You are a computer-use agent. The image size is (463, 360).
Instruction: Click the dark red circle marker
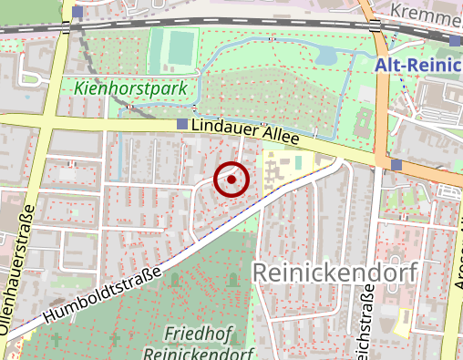coord(231,180)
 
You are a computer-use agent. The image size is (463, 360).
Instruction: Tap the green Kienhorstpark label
coord(131,89)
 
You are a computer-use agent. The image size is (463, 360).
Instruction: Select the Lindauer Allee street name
coord(245,133)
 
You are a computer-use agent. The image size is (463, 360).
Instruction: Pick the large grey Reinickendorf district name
coord(333,273)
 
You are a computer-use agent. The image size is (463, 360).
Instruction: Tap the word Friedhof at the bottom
coord(197,332)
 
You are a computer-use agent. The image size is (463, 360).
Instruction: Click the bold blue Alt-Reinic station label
coord(418,66)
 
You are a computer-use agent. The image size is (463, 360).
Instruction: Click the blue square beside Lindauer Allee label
coord(183,124)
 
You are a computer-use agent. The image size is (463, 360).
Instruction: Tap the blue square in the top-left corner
coord(78,12)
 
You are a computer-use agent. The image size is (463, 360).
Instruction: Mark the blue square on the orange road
coord(396,165)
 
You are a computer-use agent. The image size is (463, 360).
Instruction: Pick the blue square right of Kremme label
coord(456,39)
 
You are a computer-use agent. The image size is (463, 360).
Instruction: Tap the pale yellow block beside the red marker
coord(286,171)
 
